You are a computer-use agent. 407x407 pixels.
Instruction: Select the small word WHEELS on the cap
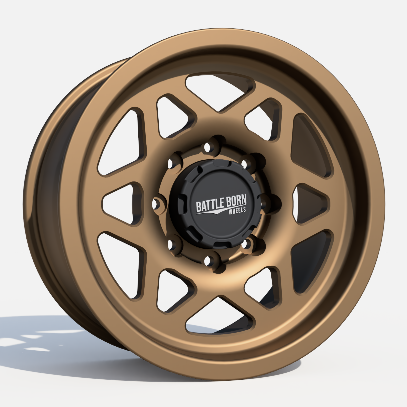[x=237, y=211]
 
